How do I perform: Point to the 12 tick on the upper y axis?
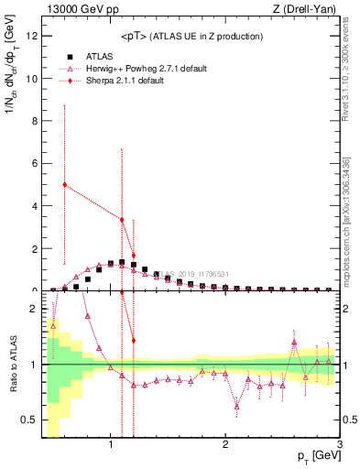point(32,36)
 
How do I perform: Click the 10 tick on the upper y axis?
point(32,79)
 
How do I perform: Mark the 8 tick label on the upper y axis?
point(35,121)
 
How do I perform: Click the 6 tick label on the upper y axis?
point(35,163)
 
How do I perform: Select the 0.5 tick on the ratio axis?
point(30,420)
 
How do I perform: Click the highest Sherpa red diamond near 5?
point(64,184)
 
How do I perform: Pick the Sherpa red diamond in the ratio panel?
point(134,340)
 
